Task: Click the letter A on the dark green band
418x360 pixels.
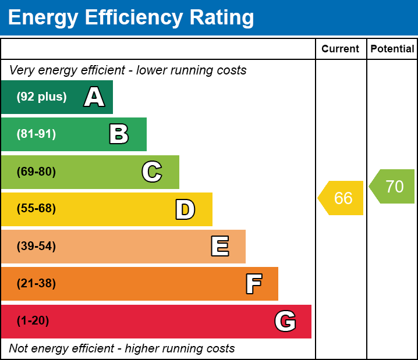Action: click(x=94, y=97)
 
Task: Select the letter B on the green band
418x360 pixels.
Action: click(x=119, y=134)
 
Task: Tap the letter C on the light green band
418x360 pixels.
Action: click(x=152, y=172)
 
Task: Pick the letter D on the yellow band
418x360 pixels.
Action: click(x=185, y=209)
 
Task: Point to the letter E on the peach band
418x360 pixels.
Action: click(x=219, y=247)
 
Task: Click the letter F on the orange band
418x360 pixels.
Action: click(x=253, y=284)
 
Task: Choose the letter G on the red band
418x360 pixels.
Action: click(x=285, y=321)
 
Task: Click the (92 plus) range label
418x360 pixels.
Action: click(x=41, y=97)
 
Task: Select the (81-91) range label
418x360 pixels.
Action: click(x=36, y=134)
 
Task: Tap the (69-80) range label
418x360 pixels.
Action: click(x=36, y=172)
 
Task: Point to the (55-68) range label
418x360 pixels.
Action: click(x=36, y=209)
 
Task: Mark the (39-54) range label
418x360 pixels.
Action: click(x=36, y=247)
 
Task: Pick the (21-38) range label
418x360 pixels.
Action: click(x=36, y=284)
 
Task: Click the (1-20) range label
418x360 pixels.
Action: click(x=33, y=321)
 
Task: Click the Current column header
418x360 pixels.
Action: click(x=341, y=49)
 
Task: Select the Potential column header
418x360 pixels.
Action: click(x=392, y=49)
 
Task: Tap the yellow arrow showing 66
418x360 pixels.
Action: click(x=342, y=198)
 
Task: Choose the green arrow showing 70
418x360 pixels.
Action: click(x=393, y=187)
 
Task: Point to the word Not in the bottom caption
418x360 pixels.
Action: click(x=19, y=348)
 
